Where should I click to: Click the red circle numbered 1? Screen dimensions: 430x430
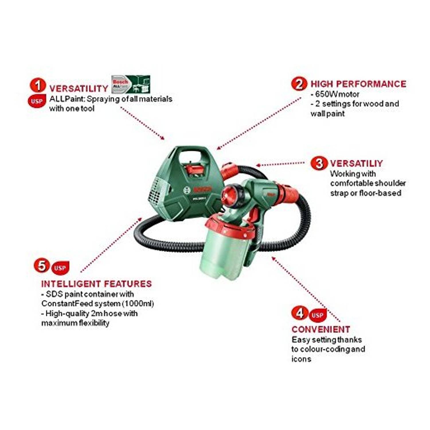coord(38,86)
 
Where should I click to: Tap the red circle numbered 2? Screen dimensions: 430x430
coord(299,84)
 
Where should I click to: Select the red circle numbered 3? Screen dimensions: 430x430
coord(318,163)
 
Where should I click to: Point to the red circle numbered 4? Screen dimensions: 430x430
coord(300,312)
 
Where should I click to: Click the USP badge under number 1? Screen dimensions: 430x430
coord(37,101)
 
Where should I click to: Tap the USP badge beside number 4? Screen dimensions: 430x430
coord(318,315)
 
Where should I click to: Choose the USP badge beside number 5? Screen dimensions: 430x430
coord(60,268)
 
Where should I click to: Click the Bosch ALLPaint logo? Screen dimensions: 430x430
coord(131,84)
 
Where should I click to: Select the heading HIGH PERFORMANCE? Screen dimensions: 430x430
coord(358,84)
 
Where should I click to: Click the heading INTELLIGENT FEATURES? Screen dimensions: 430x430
coord(96,284)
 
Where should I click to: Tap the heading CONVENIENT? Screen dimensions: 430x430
coord(321,329)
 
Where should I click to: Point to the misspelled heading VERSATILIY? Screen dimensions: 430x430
coord(356,163)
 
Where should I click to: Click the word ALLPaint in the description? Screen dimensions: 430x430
coord(67,99)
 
